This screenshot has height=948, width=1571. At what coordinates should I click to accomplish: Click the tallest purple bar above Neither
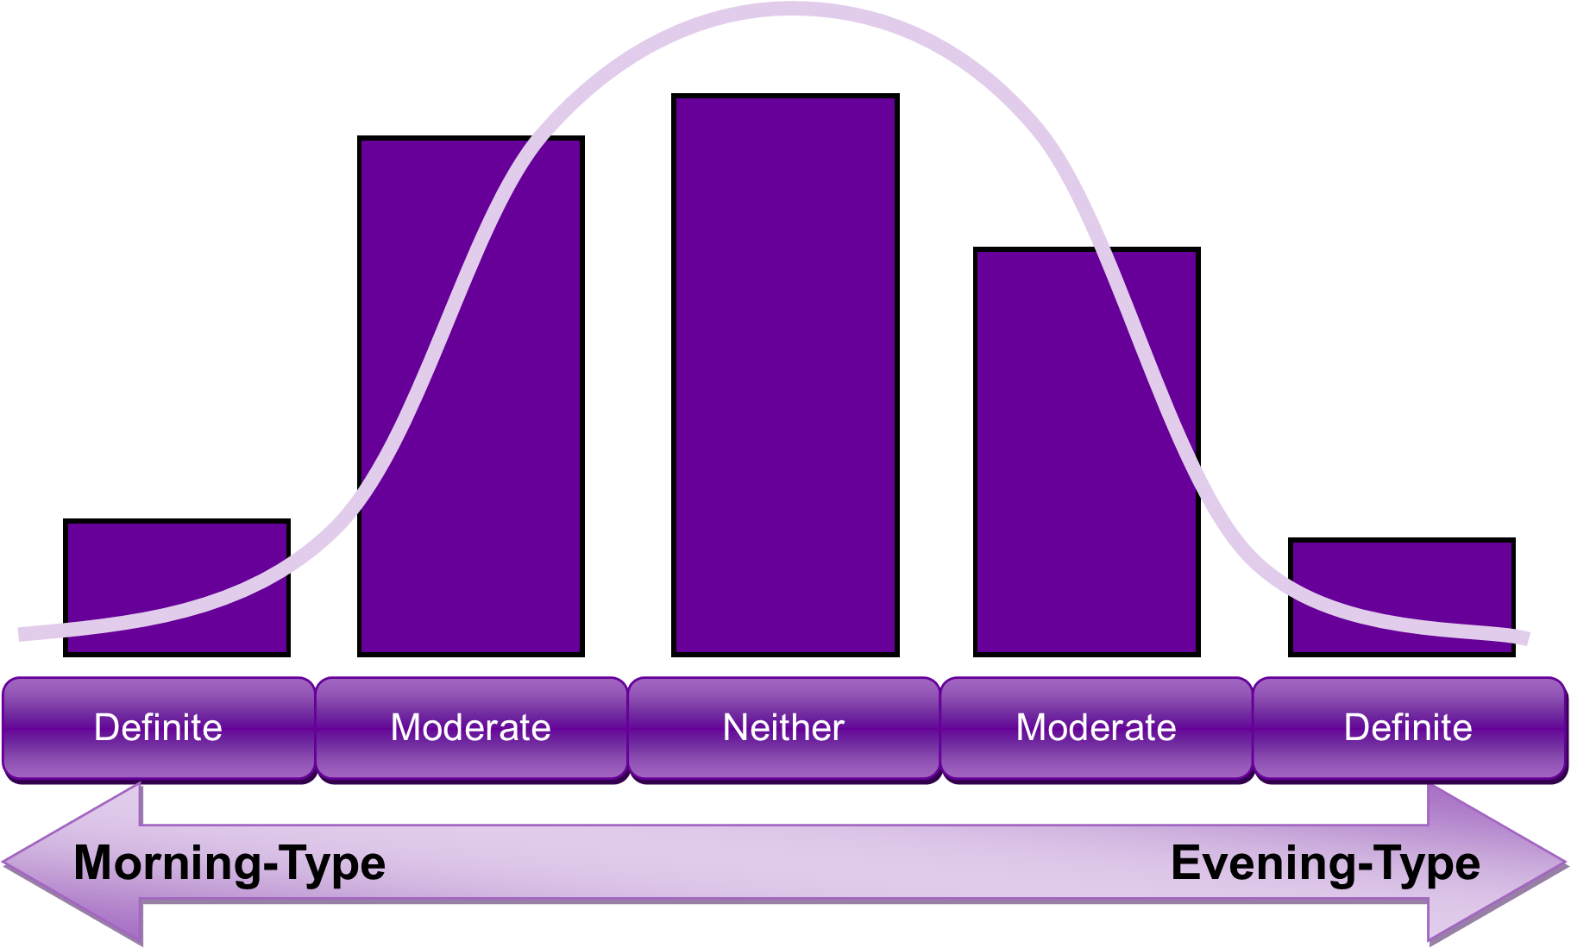pos(785,375)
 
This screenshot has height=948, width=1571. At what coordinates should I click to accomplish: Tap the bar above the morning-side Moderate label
pos(471,396)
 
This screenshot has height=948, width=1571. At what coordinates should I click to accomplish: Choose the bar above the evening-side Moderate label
pos(1087,452)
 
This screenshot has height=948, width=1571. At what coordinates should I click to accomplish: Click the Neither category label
pos(783,728)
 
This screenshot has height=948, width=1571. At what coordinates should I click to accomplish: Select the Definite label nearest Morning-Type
pos(158,728)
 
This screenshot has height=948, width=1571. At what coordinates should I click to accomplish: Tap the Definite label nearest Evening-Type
pos(1408,728)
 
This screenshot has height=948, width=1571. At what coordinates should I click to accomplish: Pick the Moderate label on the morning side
pos(471,728)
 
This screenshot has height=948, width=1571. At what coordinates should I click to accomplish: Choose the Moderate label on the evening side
pos(1096,728)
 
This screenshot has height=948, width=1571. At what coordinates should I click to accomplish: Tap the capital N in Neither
pos(734,728)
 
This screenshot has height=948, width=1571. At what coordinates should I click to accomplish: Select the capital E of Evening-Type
pos(1185,863)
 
